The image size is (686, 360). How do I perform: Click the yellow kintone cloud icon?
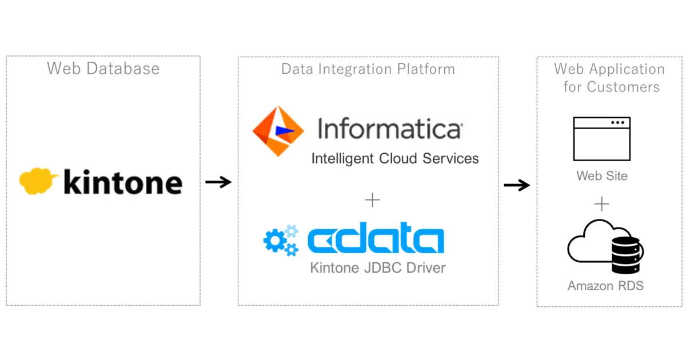(x=38, y=181)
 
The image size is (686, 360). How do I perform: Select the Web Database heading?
(x=103, y=69)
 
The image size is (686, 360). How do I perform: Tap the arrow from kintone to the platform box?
(x=218, y=182)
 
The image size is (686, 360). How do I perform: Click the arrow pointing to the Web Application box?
(x=517, y=185)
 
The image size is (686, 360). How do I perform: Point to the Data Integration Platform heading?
(x=368, y=69)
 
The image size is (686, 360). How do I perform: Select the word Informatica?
(x=389, y=129)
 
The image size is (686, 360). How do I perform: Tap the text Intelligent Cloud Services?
(x=394, y=158)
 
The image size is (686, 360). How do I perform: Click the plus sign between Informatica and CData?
(x=372, y=200)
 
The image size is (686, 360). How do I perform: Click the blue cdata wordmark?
(x=376, y=241)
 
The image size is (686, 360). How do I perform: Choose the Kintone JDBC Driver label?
(x=378, y=267)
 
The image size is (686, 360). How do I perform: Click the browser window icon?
(x=601, y=139)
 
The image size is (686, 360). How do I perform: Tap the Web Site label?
(x=602, y=175)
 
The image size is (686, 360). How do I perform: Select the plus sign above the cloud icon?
(x=601, y=204)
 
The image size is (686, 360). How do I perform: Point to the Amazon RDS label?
(x=605, y=286)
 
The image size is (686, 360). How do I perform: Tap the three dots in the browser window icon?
(x=617, y=123)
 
